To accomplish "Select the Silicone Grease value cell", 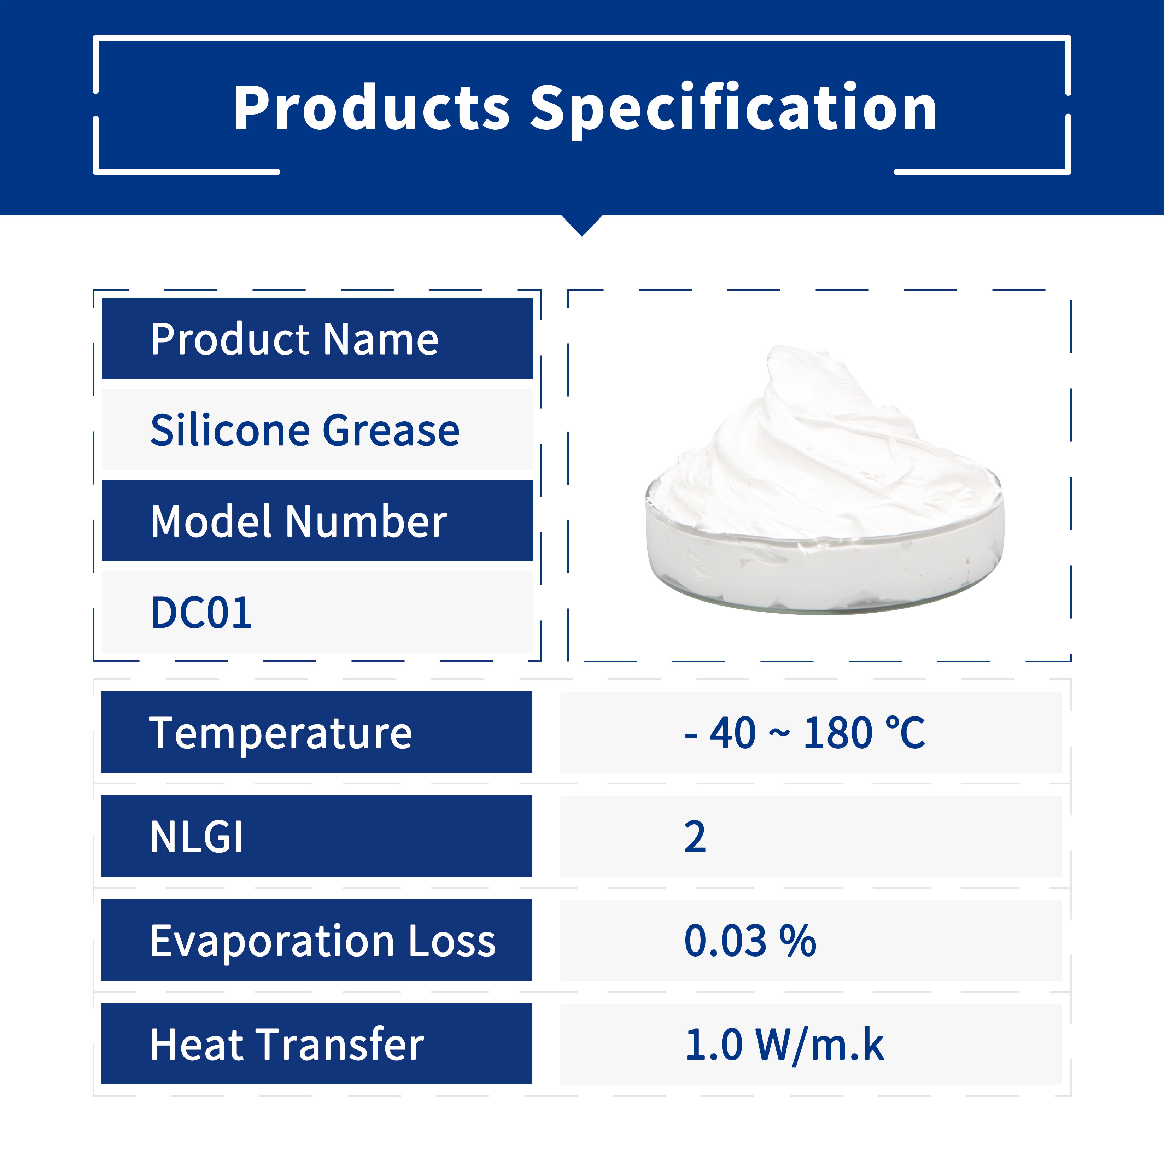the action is (317, 429).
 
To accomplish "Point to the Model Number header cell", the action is (317, 521).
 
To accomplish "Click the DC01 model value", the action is (201, 613).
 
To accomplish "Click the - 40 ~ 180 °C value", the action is (804, 733).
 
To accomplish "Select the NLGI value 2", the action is (695, 837).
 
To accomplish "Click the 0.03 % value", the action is (750, 941).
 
